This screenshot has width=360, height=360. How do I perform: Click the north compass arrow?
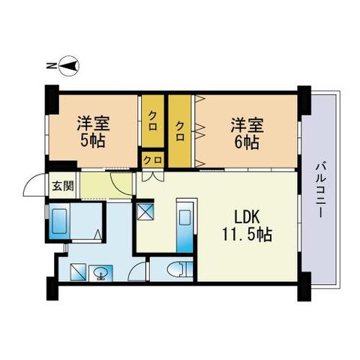[68, 66]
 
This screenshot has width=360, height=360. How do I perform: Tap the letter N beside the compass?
[49, 67]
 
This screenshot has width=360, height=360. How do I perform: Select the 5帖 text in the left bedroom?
[92, 139]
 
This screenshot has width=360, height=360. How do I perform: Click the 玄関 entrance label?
[62, 186]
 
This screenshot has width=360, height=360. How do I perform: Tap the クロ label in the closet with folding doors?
[181, 126]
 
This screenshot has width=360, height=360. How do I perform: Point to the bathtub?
[60, 222]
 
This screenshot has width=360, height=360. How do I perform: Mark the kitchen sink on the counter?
[184, 220]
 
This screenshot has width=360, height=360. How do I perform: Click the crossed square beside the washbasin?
[78, 272]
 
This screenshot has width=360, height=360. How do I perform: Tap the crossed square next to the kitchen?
[145, 212]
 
